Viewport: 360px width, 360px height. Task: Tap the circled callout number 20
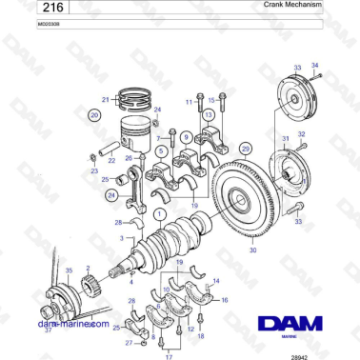click(x=94, y=115)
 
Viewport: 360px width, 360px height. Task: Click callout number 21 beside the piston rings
click(x=106, y=98)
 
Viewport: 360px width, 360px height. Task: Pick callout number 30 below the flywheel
click(x=252, y=250)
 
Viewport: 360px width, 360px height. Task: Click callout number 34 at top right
click(x=316, y=65)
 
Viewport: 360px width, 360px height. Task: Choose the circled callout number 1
click(x=160, y=214)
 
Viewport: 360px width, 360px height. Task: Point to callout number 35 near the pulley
click(x=68, y=270)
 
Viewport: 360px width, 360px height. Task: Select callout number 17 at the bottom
click(x=170, y=355)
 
